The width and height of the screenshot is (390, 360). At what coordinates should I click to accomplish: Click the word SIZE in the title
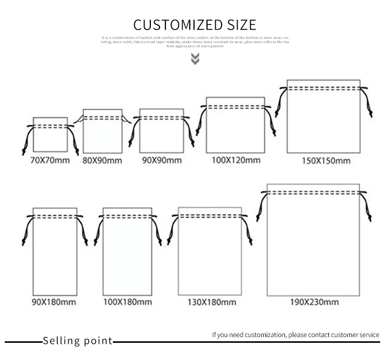[x=241, y=24]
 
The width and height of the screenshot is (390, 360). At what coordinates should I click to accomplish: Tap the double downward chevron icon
[x=195, y=58]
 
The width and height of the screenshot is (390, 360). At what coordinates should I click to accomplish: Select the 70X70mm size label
[x=50, y=160]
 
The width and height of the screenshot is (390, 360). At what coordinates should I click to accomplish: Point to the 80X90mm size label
[x=102, y=160]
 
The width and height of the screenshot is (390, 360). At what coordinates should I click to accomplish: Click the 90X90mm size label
[x=162, y=160]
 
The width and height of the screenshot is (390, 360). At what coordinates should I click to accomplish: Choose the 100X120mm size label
[x=236, y=160]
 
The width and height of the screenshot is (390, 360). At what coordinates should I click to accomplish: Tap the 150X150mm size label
[x=326, y=161]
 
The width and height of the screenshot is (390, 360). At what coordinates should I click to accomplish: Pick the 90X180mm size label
[x=54, y=302]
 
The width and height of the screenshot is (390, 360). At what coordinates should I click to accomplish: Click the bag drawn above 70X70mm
[x=50, y=138]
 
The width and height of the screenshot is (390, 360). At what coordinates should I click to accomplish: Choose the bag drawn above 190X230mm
[x=313, y=245]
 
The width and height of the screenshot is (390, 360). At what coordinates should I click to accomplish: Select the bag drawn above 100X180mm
[x=127, y=255]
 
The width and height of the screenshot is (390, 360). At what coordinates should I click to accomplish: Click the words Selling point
[x=77, y=341]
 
